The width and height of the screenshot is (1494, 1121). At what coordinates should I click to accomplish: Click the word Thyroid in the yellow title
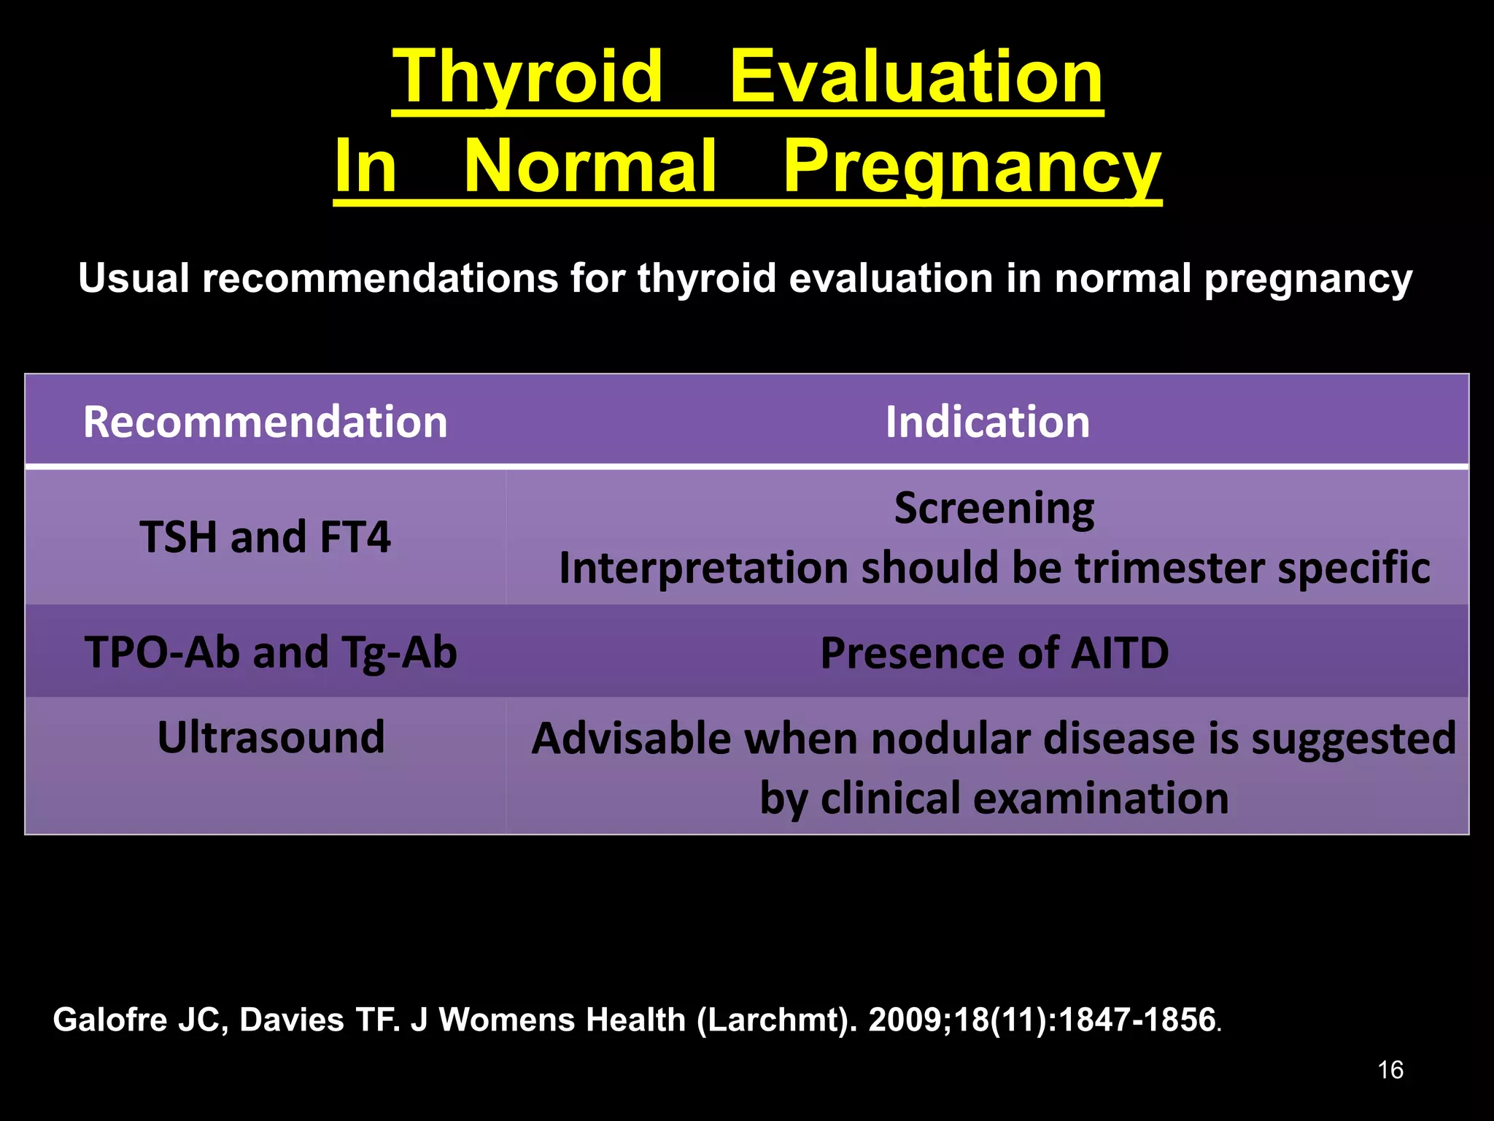click(527, 77)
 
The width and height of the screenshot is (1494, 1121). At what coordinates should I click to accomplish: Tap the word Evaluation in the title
click(916, 77)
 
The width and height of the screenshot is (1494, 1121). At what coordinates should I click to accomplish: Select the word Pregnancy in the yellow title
click(971, 167)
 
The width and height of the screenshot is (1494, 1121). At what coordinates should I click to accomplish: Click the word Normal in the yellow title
click(589, 167)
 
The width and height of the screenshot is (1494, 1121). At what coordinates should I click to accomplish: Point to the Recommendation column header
click(265, 422)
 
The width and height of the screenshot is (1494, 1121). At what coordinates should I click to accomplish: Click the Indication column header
click(987, 422)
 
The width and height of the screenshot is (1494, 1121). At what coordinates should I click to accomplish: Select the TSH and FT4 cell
click(265, 537)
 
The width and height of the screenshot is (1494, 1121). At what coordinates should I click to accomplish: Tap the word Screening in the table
click(994, 508)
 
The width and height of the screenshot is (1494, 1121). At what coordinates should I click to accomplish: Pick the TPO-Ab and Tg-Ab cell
click(271, 652)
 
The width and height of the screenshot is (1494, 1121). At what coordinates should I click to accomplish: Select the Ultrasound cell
click(271, 737)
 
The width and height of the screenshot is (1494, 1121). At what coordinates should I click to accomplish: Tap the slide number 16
click(1390, 1070)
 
